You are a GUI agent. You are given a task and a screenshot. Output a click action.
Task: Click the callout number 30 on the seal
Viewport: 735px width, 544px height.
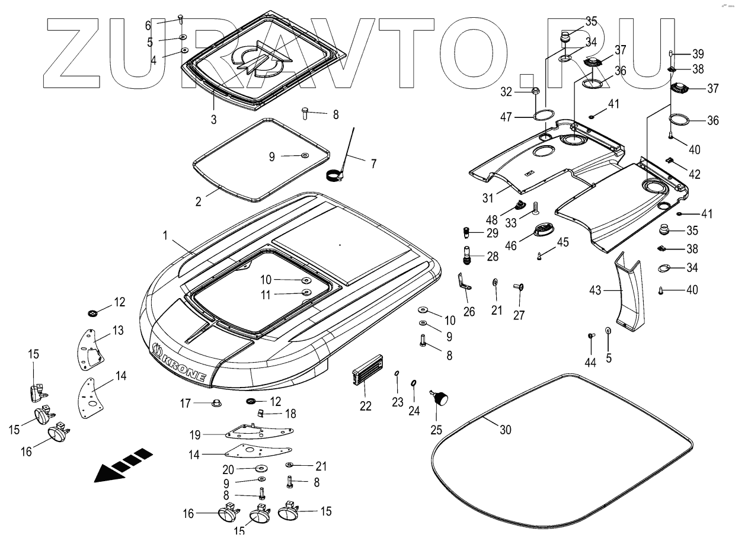tap(504, 431)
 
